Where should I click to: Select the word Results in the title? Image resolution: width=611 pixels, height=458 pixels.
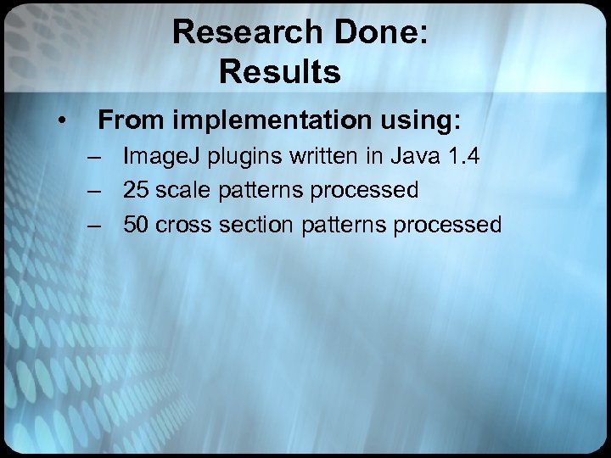[x=279, y=72]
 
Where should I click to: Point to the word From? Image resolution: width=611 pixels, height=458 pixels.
[x=131, y=120]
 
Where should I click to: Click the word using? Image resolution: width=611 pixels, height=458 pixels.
[x=415, y=120]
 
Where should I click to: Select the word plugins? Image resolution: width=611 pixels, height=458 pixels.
[x=244, y=158]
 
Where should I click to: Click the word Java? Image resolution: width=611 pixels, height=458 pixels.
[x=418, y=156]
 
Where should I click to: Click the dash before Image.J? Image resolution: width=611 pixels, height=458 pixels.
[x=93, y=156]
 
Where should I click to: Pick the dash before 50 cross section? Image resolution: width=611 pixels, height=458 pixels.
[x=93, y=225]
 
